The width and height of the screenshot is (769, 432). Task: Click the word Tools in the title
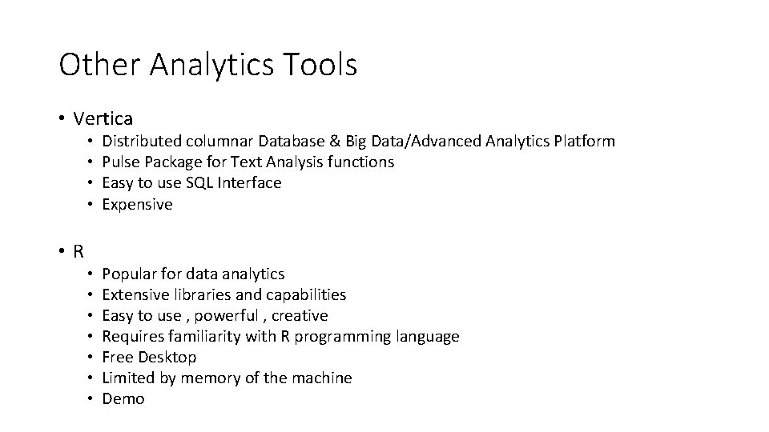click(320, 65)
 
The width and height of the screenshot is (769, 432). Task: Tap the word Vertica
click(103, 119)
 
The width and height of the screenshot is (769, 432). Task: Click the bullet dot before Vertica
click(62, 119)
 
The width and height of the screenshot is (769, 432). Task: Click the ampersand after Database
click(334, 142)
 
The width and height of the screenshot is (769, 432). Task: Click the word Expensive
click(137, 205)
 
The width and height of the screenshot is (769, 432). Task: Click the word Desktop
click(167, 358)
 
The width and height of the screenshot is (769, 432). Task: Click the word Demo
click(123, 399)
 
